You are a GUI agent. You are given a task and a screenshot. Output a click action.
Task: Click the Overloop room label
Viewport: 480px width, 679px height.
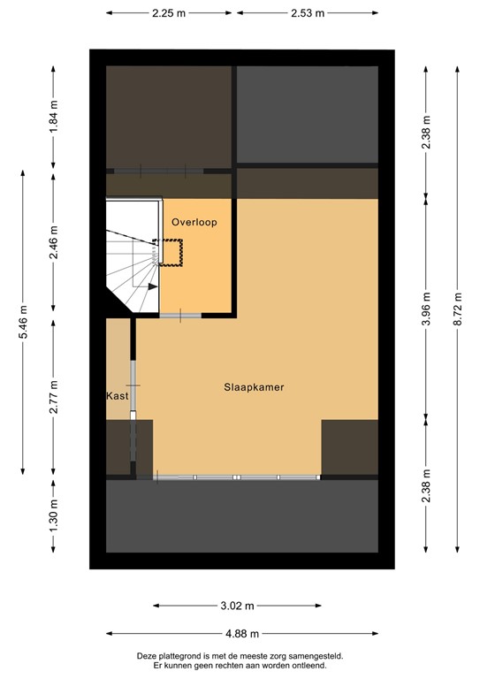[194, 223]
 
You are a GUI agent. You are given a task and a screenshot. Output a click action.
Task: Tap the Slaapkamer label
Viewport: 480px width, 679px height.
[254, 387]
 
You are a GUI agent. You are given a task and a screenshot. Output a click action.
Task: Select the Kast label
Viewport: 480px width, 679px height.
[117, 396]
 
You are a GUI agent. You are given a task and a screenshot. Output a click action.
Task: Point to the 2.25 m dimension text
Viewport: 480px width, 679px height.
[168, 14]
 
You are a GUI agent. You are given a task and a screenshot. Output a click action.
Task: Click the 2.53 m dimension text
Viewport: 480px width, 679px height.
[308, 14]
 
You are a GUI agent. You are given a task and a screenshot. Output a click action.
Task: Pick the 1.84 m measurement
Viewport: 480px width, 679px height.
[54, 118]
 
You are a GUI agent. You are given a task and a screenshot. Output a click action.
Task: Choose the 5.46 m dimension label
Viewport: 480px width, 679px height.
[24, 322]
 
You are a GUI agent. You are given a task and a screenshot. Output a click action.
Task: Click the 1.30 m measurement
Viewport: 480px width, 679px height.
[54, 515]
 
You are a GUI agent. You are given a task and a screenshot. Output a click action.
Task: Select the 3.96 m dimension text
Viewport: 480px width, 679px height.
[426, 309]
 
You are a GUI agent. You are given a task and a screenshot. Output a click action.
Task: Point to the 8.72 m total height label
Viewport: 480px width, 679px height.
[457, 309]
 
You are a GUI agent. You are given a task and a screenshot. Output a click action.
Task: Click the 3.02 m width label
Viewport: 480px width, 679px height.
[236, 606]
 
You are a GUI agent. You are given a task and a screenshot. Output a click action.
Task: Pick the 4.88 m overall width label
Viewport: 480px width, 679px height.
[242, 633]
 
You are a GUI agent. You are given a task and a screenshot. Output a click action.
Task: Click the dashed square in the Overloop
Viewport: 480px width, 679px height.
[170, 251]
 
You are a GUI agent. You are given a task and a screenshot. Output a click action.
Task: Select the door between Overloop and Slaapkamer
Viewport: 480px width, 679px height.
[180, 316]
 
